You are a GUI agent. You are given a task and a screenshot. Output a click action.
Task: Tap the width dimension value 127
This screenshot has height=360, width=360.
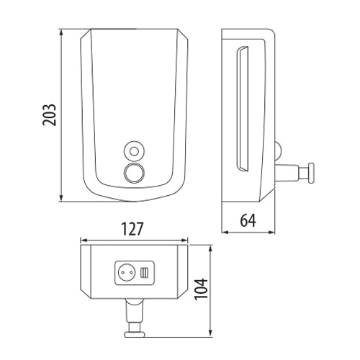[133, 229]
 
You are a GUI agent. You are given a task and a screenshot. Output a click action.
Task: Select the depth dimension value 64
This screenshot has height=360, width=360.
[248, 220]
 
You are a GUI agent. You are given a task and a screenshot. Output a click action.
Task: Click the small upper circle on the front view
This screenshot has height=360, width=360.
[133, 150]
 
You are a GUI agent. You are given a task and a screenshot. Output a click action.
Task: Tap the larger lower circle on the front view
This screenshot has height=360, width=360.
[133, 172]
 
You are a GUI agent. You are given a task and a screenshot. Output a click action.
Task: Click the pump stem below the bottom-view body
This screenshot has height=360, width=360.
[132, 313]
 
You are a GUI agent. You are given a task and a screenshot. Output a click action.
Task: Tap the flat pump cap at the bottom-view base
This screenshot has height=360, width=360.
[132, 334]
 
